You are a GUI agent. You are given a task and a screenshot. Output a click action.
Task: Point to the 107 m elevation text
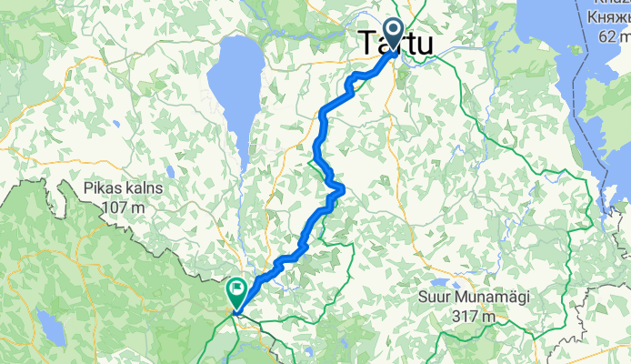(126, 207)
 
